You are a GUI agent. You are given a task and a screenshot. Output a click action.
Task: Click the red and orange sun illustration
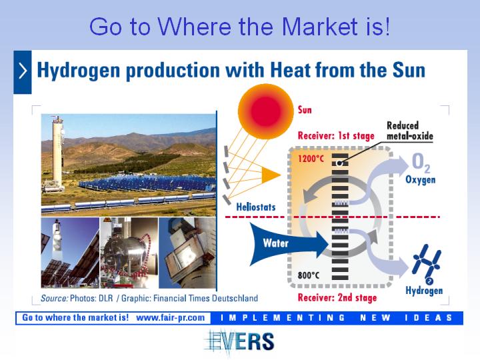pyautogui.click(x=265, y=111)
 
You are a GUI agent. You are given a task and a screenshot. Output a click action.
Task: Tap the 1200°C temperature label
pyautogui.click(x=311, y=159)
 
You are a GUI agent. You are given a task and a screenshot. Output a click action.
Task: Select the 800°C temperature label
pyautogui.click(x=309, y=275)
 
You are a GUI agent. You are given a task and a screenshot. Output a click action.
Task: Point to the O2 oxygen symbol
pyautogui.click(x=421, y=162)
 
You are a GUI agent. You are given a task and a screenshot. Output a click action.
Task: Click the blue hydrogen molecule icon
pyautogui.click(x=427, y=263)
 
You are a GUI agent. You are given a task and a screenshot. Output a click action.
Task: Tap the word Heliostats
pyautogui.click(x=256, y=207)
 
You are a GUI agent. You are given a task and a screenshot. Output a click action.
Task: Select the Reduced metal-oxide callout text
pyautogui.click(x=409, y=131)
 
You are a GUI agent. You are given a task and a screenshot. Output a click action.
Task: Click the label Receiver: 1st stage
pyautogui.click(x=336, y=135)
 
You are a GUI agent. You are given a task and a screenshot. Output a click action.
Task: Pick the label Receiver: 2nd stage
pyautogui.click(x=337, y=297)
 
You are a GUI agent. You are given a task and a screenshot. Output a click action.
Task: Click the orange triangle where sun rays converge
pyautogui.click(x=270, y=175)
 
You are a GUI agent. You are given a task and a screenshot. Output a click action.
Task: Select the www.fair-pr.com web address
pyautogui.click(x=171, y=318)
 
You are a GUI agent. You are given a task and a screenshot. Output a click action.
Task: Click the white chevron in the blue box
pyautogui.click(x=23, y=71)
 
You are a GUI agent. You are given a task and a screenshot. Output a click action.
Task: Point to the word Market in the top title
pyautogui.click(x=319, y=26)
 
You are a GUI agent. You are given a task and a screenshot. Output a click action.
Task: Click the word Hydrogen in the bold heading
pyautogui.click(x=78, y=71)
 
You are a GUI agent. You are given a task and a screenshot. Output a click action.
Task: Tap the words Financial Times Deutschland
pyautogui.click(x=205, y=298)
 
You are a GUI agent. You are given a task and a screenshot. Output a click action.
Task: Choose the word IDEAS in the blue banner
pyautogui.click(x=429, y=318)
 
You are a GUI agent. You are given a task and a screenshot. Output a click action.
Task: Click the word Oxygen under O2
pyautogui.click(x=420, y=180)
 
